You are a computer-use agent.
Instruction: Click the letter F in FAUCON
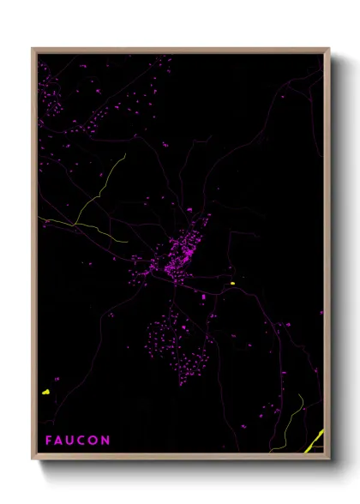(x=49, y=441)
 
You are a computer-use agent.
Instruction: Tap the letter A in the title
(x=60, y=441)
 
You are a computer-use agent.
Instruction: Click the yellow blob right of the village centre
(x=231, y=284)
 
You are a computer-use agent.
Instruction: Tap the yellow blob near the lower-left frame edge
(x=45, y=392)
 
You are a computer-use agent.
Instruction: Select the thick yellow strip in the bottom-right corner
(x=315, y=440)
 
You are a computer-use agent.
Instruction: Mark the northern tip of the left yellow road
(x=125, y=154)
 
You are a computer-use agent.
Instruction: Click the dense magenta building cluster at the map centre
(x=182, y=253)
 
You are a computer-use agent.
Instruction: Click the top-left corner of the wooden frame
(x=33, y=49)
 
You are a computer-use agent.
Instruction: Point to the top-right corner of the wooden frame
(x=328, y=49)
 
